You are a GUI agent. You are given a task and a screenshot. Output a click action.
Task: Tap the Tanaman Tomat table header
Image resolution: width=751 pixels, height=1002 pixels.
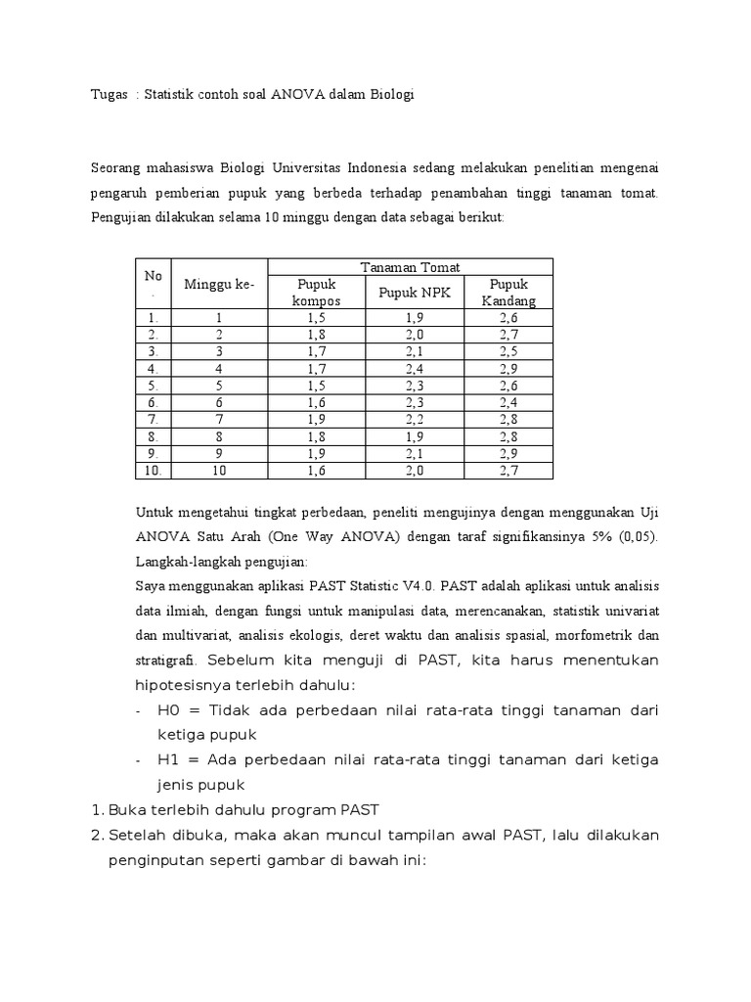click(411, 267)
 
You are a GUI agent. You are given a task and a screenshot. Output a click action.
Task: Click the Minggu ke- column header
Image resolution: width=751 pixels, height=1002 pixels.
click(219, 284)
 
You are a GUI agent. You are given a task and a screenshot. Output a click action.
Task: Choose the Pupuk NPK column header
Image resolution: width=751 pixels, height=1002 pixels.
click(411, 292)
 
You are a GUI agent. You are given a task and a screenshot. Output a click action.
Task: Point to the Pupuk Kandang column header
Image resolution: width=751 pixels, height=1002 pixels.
click(508, 292)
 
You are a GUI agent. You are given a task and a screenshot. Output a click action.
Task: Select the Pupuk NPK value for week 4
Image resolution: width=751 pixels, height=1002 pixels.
click(411, 368)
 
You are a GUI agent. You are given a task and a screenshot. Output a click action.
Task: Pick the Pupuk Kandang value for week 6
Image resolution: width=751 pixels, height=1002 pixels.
click(508, 402)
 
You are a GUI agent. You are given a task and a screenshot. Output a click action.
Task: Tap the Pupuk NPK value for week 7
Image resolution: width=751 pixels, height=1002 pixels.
click(411, 419)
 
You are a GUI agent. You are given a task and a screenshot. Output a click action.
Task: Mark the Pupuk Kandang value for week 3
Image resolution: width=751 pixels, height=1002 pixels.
click(508, 351)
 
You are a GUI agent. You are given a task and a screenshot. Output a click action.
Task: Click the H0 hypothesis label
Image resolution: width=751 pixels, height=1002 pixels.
click(169, 709)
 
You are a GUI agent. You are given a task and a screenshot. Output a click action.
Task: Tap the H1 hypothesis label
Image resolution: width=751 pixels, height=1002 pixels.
click(169, 759)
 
